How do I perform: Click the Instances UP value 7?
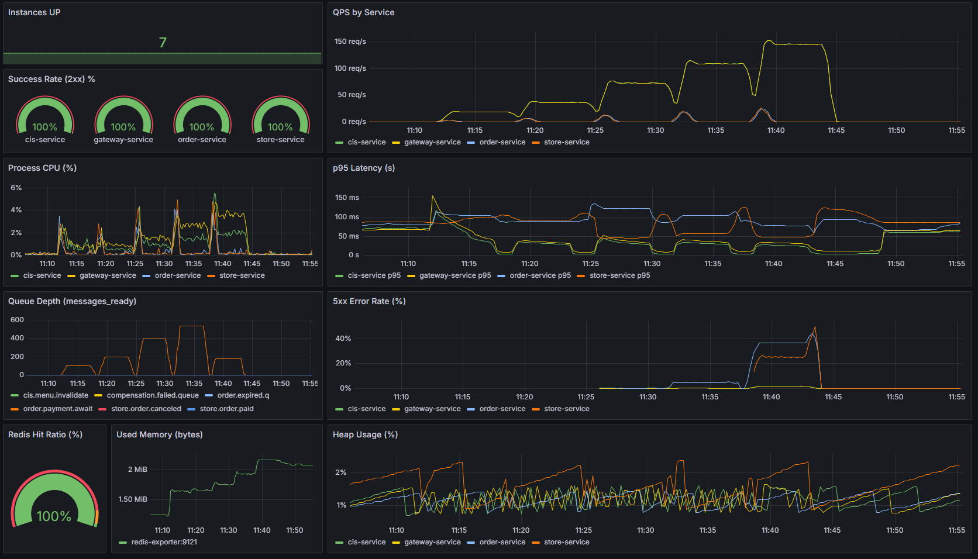(x=163, y=43)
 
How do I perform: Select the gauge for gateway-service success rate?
(x=123, y=117)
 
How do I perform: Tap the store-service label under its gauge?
(x=280, y=140)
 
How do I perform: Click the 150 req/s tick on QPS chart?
(x=350, y=42)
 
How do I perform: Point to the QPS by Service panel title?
(x=363, y=12)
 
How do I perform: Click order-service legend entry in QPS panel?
(x=502, y=142)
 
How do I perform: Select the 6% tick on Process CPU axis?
(x=16, y=188)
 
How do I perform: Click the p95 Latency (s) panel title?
(x=363, y=168)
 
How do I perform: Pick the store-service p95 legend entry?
(x=619, y=275)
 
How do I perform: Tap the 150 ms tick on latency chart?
(x=347, y=198)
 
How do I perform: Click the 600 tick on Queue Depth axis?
(x=17, y=320)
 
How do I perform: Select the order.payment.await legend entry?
(x=57, y=409)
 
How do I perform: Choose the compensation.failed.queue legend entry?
(x=153, y=395)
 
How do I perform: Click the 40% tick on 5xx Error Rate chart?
(x=343, y=339)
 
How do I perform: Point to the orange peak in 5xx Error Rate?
(x=815, y=327)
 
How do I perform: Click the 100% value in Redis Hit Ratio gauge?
(x=54, y=516)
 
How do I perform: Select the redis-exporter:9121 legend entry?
(x=164, y=542)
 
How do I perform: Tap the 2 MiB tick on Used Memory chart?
(x=137, y=470)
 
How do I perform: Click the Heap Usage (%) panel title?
(x=365, y=434)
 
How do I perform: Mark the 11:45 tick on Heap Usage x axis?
(x=832, y=530)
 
